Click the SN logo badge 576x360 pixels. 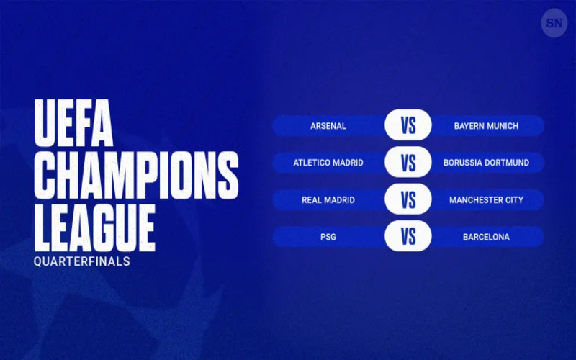(x=554, y=23)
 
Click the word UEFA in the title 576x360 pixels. (x=73, y=122)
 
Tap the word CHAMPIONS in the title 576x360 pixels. (x=136, y=175)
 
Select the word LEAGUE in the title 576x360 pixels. (x=94, y=228)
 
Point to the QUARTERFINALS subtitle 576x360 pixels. (x=82, y=261)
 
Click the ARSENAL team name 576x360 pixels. (x=328, y=126)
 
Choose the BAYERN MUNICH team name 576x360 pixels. (x=486, y=126)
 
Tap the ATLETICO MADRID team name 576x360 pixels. (x=328, y=163)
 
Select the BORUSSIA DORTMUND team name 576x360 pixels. (x=486, y=163)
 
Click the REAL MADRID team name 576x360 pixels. (x=328, y=200)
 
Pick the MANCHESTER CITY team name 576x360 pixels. (x=486, y=200)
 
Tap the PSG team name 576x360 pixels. (x=328, y=237)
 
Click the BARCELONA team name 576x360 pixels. (x=486, y=237)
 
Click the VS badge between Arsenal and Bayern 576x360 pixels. (x=408, y=125)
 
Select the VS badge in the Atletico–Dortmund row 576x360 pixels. (x=408, y=162)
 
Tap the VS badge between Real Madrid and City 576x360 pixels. (x=408, y=199)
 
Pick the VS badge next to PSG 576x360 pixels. (x=408, y=236)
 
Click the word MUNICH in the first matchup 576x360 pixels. (x=502, y=126)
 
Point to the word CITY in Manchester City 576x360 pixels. (x=513, y=200)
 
